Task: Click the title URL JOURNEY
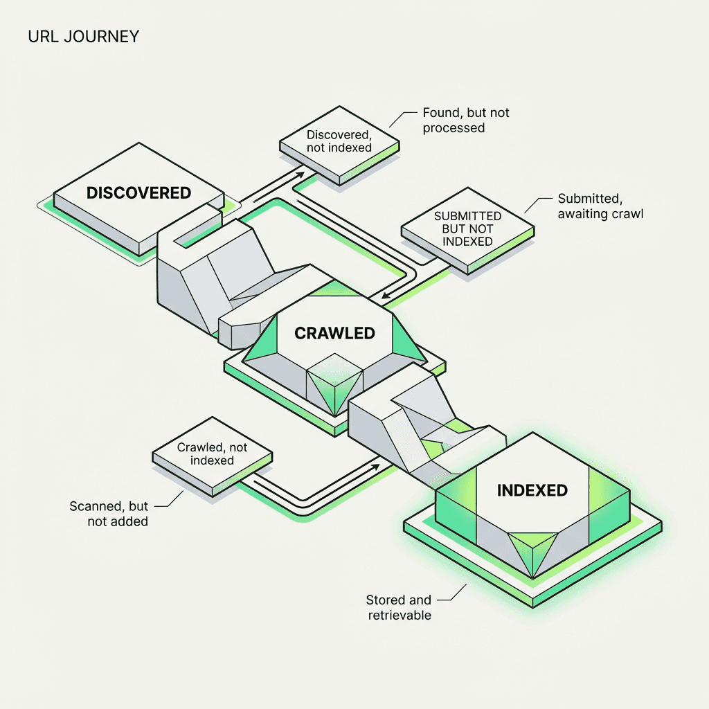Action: (83, 36)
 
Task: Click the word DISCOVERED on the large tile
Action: (138, 192)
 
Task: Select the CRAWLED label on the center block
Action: (334, 333)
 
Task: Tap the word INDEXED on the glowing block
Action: (532, 490)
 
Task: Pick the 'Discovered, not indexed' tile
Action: (339, 141)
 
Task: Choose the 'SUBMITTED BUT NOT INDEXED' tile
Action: (467, 229)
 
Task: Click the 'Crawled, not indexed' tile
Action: (212, 454)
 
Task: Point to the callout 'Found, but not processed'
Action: (465, 120)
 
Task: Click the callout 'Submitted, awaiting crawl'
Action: (600, 206)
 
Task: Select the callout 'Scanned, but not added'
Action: (109, 513)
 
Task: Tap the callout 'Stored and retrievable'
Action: (399, 607)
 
